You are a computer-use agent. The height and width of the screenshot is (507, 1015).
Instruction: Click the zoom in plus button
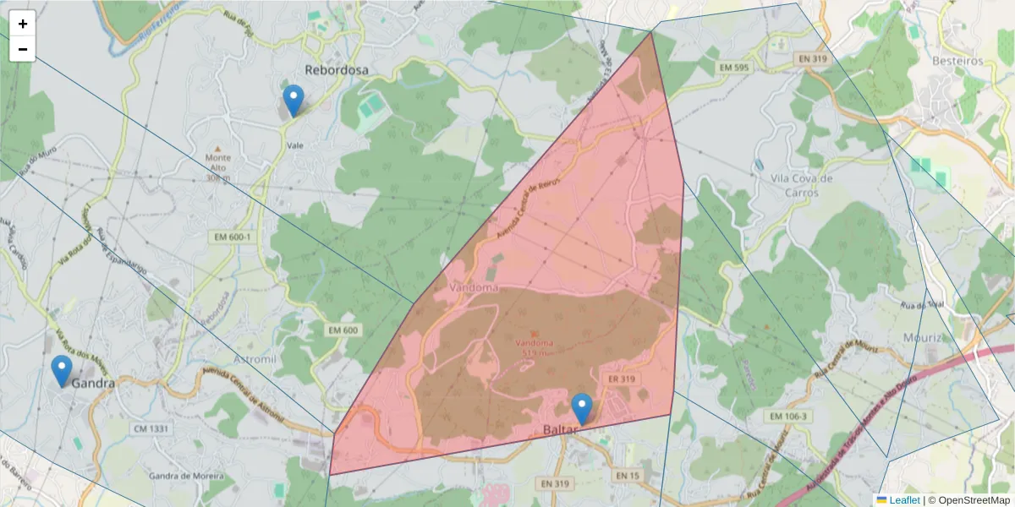pos(23,24)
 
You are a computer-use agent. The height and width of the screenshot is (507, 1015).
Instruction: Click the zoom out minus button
pos(23,49)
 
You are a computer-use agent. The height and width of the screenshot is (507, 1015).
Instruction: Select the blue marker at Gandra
pos(62,371)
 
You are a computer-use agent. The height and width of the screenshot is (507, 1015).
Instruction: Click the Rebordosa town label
pos(337,70)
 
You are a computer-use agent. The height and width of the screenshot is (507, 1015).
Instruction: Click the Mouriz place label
pos(922,338)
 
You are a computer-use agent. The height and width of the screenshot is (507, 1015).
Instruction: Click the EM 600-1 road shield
pos(233,237)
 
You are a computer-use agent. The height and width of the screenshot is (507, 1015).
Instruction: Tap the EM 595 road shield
pos(733,67)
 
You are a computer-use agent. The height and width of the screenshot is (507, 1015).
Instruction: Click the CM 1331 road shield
pos(151,428)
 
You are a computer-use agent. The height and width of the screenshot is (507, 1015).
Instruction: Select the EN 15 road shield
pos(628,476)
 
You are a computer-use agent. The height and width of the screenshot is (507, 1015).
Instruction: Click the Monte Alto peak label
pos(217,162)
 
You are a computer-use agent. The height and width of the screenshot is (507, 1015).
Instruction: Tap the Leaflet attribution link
pos(904,500)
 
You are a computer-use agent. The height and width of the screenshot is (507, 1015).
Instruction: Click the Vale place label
pos(295,145)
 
